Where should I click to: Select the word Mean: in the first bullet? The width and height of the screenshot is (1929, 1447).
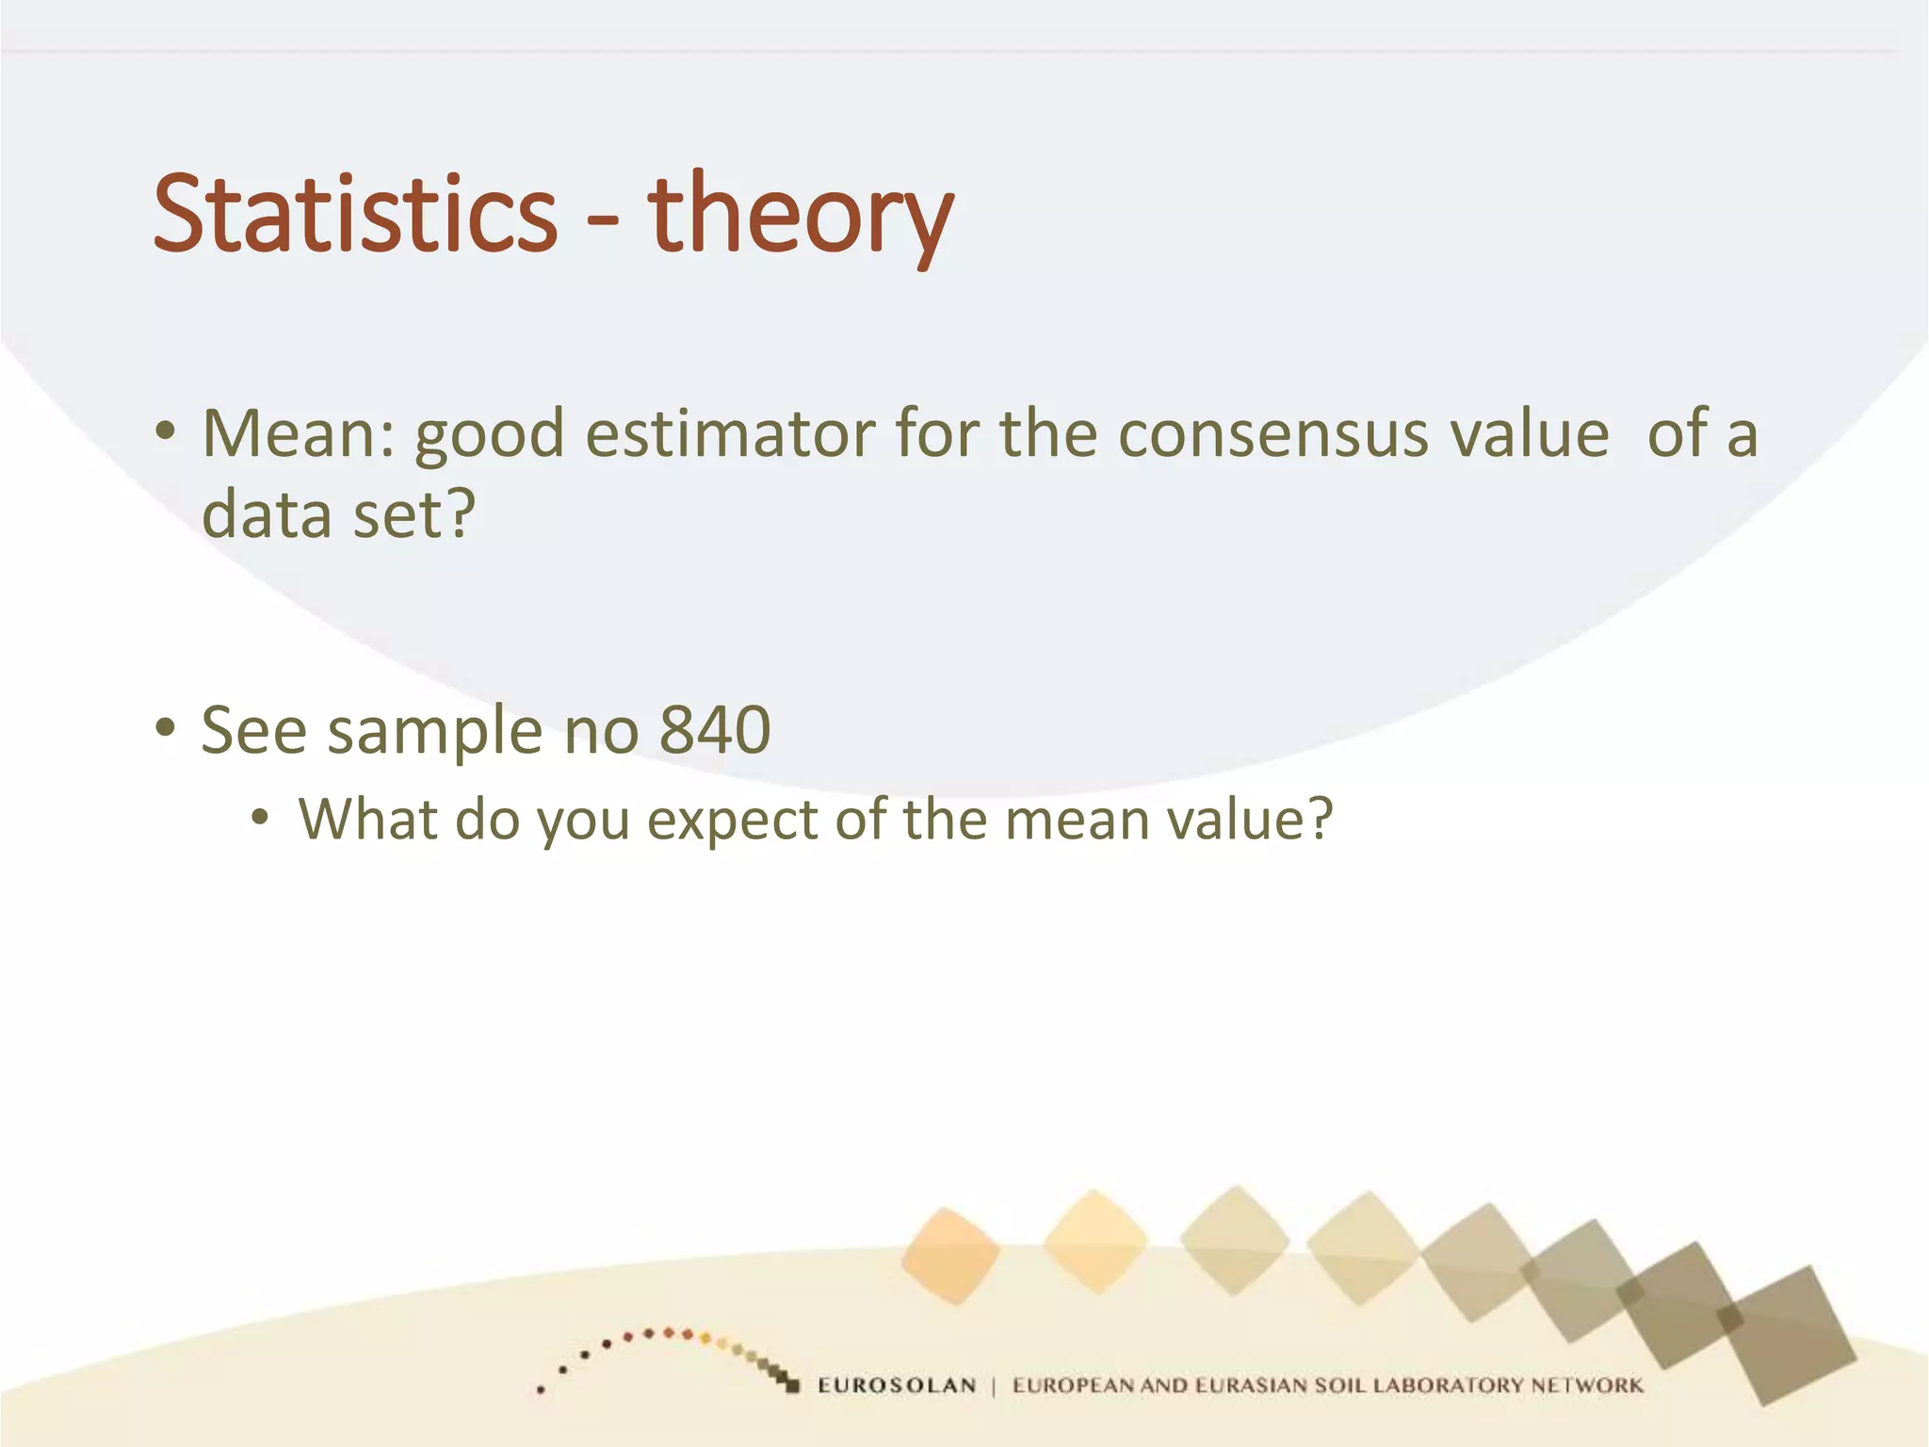click(x=298, y=434)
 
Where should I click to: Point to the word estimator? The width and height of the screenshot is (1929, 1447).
click(x=731, y=434)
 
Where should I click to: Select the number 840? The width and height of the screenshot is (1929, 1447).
click(x=715, y=730)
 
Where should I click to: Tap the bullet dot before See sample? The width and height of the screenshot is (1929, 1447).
click(x=165, y=728)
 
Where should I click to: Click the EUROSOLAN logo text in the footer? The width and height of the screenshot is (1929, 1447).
click(x=896, y=1386)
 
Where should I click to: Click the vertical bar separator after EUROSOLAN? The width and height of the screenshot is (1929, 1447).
click(x=995, y=1386)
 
